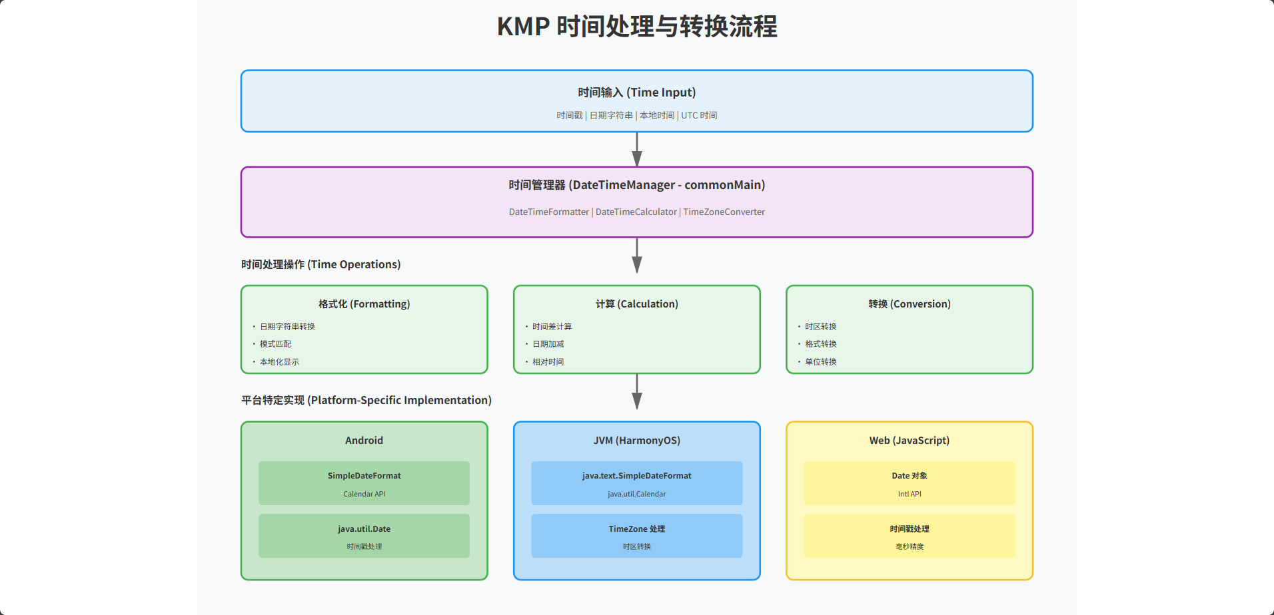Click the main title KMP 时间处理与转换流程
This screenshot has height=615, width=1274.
(x=637, y=27)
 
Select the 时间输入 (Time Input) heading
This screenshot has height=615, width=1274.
(x=636, y=93)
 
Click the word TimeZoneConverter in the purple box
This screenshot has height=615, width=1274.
(x=724, y=212)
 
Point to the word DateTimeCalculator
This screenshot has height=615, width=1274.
(x=636, y=212)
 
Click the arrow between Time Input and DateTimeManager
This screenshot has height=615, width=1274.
(x=637, y=149)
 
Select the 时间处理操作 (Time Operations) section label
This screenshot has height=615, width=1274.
(x=320, y=264)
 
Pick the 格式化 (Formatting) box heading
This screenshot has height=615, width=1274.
(x=364, y=304)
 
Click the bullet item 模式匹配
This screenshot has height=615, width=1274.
(x=275, y=344)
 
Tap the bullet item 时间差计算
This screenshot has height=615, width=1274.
(x=552, y=327)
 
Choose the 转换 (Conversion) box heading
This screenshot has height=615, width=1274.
(x=909, y=304)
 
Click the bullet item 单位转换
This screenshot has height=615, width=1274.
(x=820, y=362)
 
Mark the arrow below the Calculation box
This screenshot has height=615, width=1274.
(x=637, y=391)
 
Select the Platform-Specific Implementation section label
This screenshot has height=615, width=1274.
(x=366, y=400)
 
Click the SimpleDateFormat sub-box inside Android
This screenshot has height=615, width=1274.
(x=364, y=483)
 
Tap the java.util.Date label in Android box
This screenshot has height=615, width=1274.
(x=364, y=529)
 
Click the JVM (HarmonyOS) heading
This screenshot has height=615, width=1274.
(x=636, y=441)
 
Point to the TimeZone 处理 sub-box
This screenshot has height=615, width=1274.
(x=636, y=536)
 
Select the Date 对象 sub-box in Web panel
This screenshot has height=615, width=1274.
(x=909, y=483)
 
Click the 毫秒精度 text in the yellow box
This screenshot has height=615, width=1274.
(x=909, y=546)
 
